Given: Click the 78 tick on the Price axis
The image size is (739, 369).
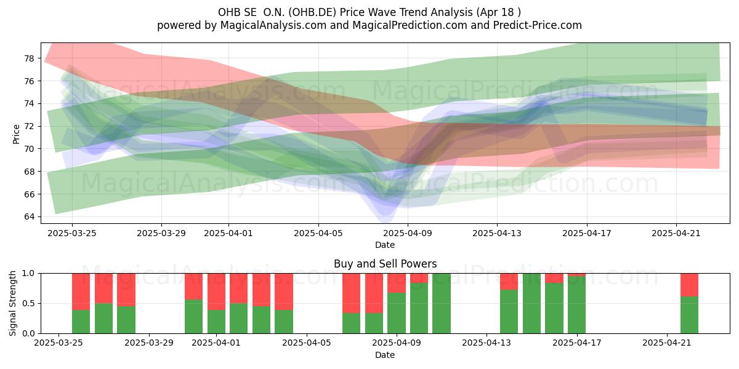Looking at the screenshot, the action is pos(29,58).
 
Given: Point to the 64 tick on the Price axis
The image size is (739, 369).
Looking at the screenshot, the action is pos(29,216).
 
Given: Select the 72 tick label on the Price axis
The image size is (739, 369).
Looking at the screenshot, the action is pos(29,126).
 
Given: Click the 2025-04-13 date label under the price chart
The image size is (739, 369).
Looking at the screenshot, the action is pos(497,233).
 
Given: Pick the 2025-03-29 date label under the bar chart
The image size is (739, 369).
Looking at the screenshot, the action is pos(149,343).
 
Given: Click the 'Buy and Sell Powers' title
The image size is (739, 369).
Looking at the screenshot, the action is pos(385,264).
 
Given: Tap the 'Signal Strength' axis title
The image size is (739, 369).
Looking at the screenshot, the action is pos(12,303).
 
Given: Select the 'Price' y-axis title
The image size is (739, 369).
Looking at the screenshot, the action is pos(16,134).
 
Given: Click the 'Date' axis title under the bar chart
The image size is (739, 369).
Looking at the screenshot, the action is pos(385,355).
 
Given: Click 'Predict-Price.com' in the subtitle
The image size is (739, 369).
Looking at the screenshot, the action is pos(538,25).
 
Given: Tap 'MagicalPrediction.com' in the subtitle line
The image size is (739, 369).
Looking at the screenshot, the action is pos(410,25).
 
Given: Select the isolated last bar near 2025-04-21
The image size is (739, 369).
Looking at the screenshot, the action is pos(690,303).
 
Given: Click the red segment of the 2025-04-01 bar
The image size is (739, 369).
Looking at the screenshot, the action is pos(216,292).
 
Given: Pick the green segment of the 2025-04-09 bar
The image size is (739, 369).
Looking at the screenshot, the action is pos(397,313).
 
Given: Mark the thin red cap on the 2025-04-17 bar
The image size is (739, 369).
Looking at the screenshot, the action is pos(576,275).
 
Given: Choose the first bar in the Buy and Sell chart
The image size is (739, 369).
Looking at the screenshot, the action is pos(81,303).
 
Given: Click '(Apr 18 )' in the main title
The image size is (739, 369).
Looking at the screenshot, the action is pos(498,12).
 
